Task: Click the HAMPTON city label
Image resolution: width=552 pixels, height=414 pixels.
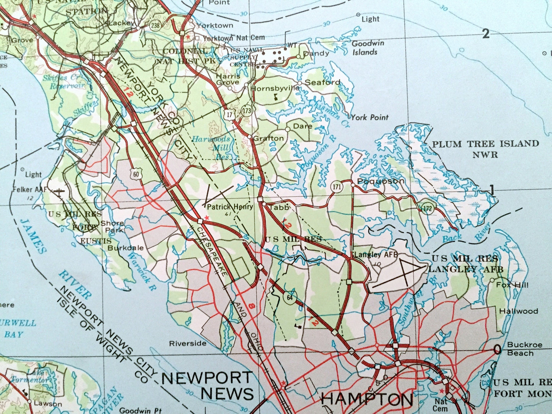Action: (x=367, y=399)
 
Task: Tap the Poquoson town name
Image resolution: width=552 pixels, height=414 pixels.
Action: (x=380, y=181)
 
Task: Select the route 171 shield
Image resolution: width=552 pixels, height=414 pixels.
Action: (x=336, y=187)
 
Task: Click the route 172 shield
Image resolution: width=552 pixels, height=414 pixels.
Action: (x=428, y=208)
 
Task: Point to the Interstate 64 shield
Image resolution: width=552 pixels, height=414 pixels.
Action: (x=290, y=297)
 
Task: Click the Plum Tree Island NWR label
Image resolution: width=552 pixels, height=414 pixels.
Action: (x=485, y=149)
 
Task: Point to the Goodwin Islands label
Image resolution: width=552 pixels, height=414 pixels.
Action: (x=367, y=48)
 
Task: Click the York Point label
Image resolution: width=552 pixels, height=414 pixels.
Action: (x=369, y=117)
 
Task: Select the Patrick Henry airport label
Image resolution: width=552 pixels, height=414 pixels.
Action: (x=230, y=207)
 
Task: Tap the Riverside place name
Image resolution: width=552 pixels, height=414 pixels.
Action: (x=188, y=343)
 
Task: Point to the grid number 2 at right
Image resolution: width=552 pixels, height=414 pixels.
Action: (x=486, y=34)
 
